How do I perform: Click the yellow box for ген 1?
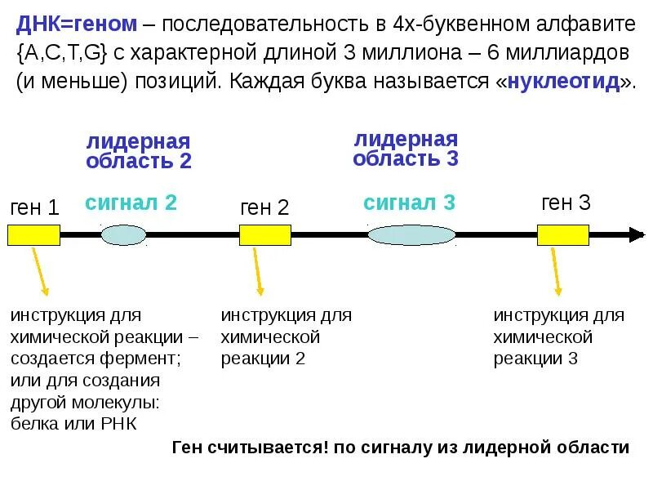click(x=33, y=235)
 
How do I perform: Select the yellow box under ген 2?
click(x=264, y=235)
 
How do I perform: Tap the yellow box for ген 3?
click(x=562, y=235)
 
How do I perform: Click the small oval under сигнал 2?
click(x=124, y=235)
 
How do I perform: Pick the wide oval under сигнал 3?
click(x=411, y=235)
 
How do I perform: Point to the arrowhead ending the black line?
click(x=636, y=235)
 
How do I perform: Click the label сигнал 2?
click(x=131, y=203)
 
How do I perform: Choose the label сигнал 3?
click(x=409, y=203)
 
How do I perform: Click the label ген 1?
click(x=34, y=207)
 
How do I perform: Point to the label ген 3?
click(x=566, y=203)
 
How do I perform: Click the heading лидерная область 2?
click(x=139, y=151)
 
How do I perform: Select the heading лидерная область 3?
click(x=406, y=149)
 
